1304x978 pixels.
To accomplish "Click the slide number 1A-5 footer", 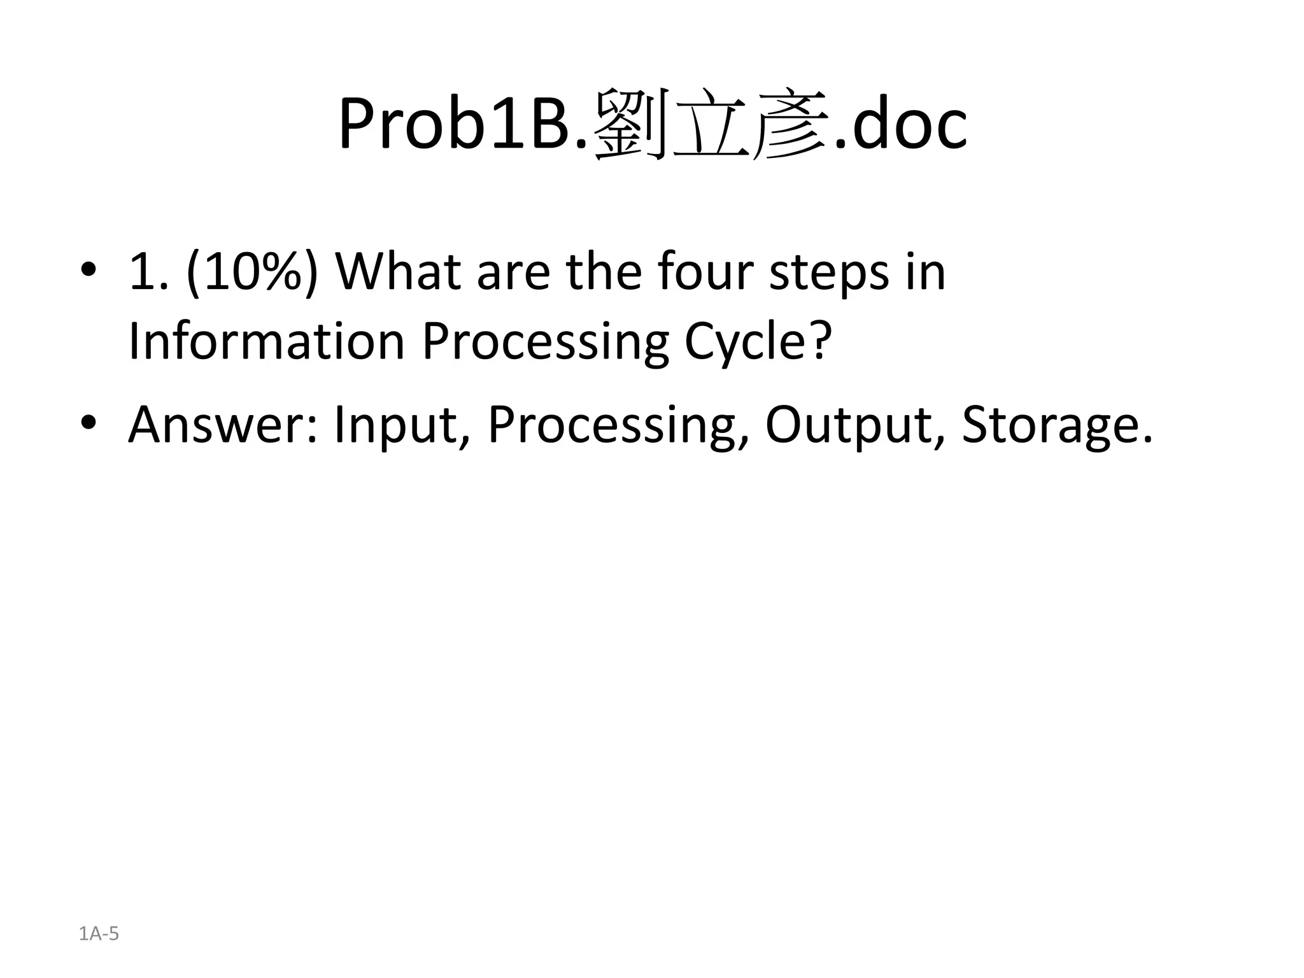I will (x=99, y=933).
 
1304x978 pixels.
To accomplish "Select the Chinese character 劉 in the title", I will (x=630, y=124).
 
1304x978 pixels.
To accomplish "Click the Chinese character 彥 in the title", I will (x=790, y=124).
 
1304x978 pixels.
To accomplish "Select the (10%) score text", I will (x=252, y=273).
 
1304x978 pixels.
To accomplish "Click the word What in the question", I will (x=398, y=273).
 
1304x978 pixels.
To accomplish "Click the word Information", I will (x=266, y=341).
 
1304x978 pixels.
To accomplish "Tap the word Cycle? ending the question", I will (x=758, y=343).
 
